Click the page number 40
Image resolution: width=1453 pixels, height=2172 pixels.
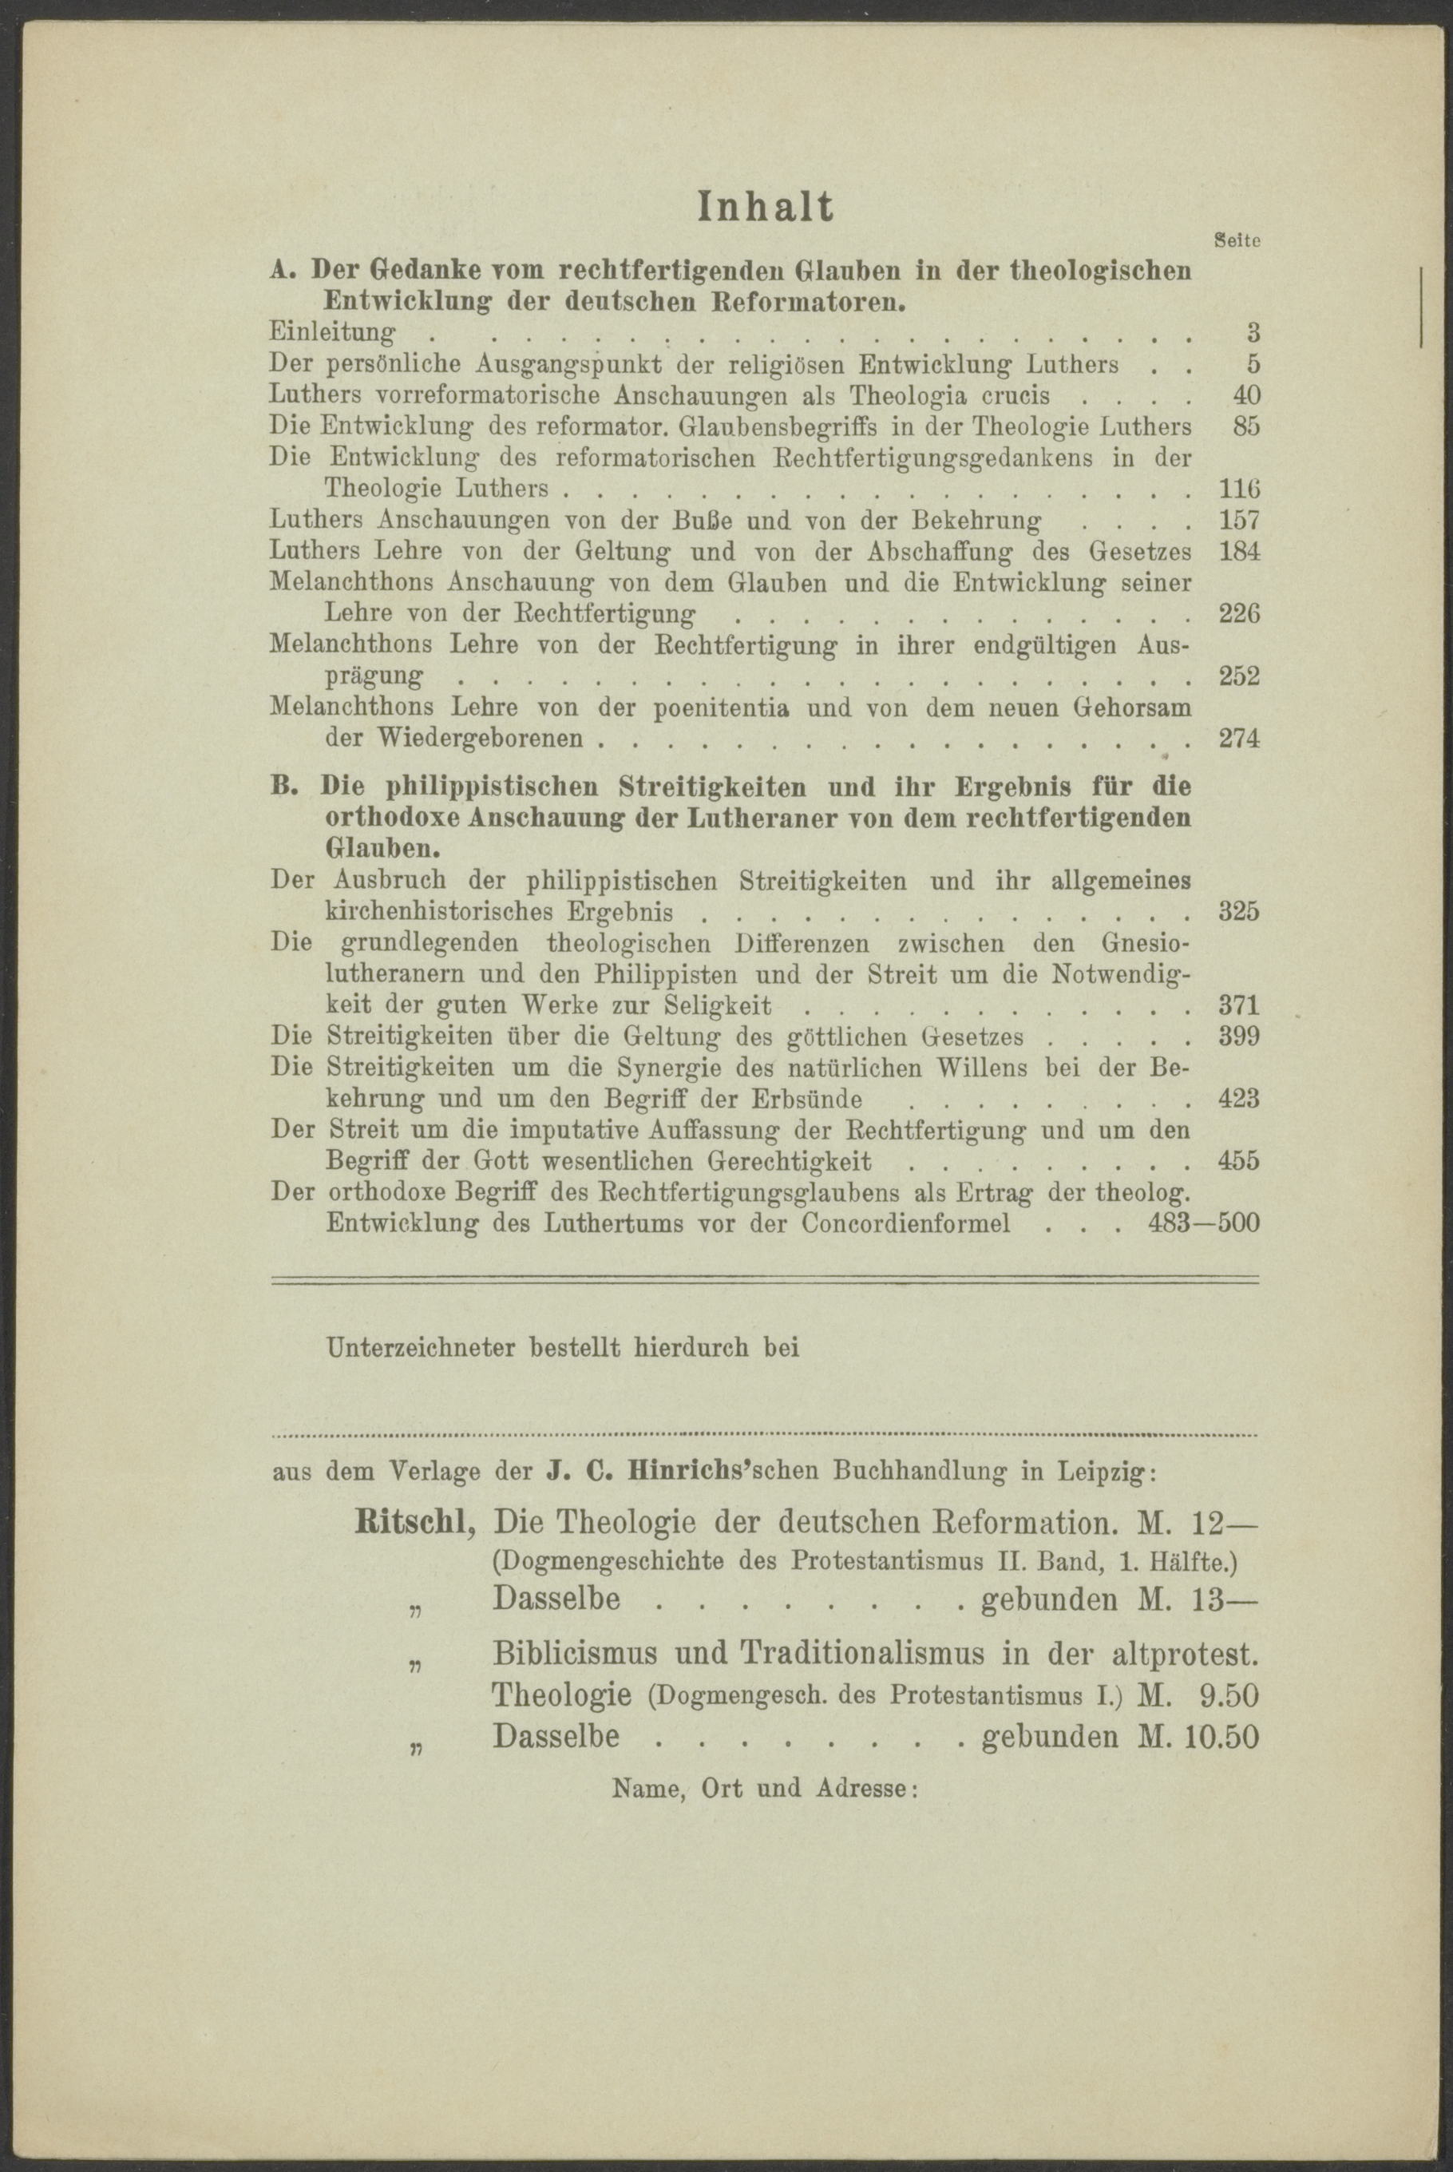point(1245,395)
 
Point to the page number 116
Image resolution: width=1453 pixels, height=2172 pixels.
point(1240,489)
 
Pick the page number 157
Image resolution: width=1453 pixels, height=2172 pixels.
point(1240,521)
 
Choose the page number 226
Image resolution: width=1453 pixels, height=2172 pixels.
point(1240,614)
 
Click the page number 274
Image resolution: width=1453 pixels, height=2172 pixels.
point(1240,739)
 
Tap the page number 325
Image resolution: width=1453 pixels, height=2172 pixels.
point(1240,912)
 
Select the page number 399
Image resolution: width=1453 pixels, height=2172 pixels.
point(1240,1036)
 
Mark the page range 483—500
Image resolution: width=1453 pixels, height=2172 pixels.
point(1204,1224)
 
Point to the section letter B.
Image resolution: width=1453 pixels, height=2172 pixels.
point(280,787)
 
